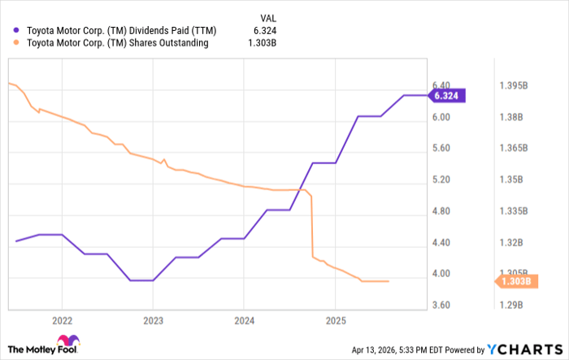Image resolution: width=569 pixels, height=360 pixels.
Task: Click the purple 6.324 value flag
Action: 448,95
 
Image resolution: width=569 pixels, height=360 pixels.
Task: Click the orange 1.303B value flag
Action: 515,281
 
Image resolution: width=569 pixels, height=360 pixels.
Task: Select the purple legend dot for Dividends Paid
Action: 17,30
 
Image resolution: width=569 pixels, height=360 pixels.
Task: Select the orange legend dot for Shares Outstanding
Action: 17,43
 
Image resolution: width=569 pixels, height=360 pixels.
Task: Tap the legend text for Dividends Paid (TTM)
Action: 114,30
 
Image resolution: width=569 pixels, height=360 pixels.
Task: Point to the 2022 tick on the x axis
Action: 62,319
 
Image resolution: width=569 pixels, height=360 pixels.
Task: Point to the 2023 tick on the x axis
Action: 153,319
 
